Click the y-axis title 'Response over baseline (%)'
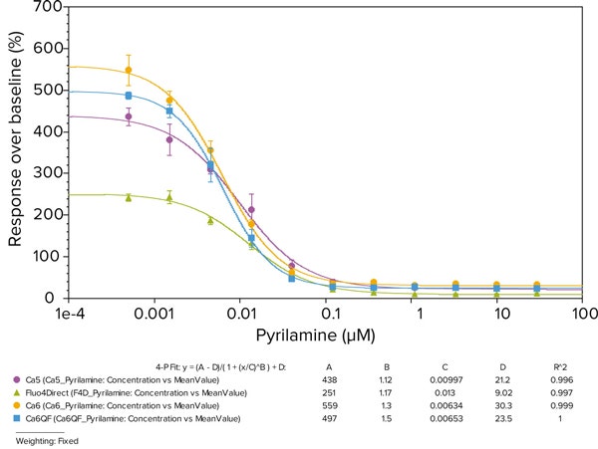pos(17,151)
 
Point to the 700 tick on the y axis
pos(46,7)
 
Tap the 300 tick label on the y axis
pos(46,173)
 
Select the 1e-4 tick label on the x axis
pos(71,314)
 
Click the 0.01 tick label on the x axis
pos(241,314)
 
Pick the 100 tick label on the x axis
pos(582,314)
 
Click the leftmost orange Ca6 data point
pos(129,71)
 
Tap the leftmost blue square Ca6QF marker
pos(129,96)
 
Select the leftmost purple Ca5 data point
pos(129,116)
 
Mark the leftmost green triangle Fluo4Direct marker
pos(129,197)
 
